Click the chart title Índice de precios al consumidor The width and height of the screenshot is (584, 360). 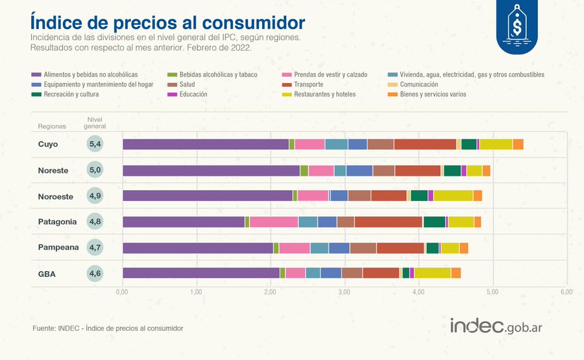click(167, 22)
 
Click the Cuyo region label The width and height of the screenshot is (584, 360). click(49, 144)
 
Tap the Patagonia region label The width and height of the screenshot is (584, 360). click(57, 221)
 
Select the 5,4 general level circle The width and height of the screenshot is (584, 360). click(95, 144)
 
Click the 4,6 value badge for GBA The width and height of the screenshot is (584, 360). click(95, 274)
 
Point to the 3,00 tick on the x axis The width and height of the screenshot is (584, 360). click(345, 293)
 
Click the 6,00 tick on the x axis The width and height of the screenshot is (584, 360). click(566, 293)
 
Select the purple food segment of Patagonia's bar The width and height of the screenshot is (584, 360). click(183, 222)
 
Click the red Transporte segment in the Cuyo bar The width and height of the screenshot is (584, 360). click(424, 144)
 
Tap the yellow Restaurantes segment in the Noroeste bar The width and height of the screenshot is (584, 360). click(453, 196)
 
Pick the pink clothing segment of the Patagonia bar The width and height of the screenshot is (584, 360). click(273, 222)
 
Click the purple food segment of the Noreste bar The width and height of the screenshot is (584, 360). click(211, 170)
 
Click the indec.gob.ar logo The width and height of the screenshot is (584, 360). click(496, 326)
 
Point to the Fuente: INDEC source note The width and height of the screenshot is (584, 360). click(108, 329)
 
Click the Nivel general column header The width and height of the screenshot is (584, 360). click(95, 123)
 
